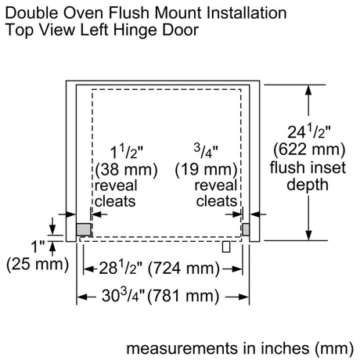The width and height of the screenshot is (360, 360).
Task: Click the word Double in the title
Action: tap(32, 13)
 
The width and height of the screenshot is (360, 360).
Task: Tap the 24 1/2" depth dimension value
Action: tap(309, 131)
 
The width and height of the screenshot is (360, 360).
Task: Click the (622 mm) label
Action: tap(309, 149)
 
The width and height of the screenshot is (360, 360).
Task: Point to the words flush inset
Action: tap(308, 167)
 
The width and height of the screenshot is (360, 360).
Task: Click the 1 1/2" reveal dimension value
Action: tap(127, 152)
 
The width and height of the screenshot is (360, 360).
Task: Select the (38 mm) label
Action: tap(126, 170)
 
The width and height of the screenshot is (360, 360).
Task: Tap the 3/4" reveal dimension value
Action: tap(206, 151)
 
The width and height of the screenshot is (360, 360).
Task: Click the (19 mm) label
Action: tap(206, 170)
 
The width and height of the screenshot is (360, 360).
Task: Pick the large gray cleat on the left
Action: tap(84, 229)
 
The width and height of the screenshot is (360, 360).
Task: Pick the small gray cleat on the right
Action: tap(246, 229)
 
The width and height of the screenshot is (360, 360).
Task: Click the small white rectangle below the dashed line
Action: tap(226, 247)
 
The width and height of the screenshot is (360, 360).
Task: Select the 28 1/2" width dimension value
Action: tap(121, 268)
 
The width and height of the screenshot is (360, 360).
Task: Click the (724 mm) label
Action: tap(184, 268)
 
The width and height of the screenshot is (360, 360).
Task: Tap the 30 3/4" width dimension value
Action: tap(123, 295)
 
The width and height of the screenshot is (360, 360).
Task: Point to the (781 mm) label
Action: tap(183, 296)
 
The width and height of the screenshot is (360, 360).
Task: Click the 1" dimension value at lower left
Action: tap(38, 247)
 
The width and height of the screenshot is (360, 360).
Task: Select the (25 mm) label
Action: tap(38, 265)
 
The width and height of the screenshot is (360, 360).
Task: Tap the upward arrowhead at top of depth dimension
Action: tap(308, 90)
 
